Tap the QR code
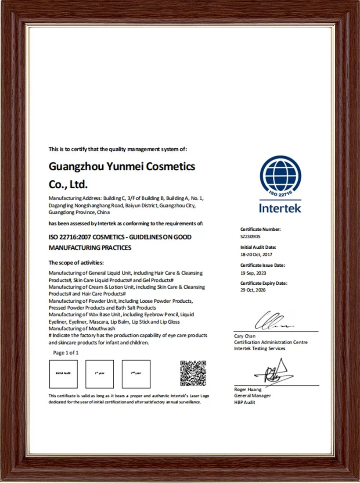193,373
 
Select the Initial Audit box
63,374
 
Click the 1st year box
100,374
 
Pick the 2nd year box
136,374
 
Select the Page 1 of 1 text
66,353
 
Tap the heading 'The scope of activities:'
76,263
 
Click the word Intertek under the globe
280,208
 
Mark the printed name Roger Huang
248,390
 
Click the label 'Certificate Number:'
260,229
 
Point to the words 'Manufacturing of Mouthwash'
82,329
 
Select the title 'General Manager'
252,396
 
